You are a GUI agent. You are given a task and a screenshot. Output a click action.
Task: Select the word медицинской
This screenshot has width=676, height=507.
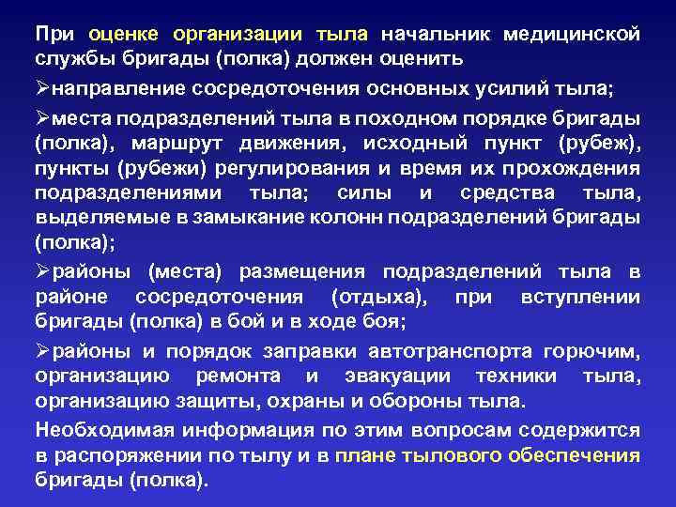pos(572,35)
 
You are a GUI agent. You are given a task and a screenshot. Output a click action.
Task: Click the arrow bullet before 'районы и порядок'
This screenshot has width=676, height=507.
pos(42,353)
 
